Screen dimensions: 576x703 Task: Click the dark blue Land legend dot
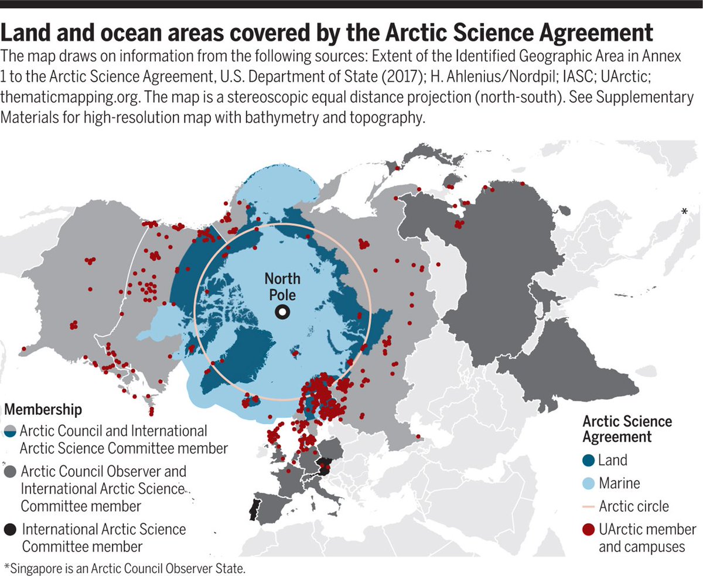click(589, 461)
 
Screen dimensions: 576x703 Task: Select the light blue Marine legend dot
click(589, 483)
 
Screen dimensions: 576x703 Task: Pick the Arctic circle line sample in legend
click(589, 506)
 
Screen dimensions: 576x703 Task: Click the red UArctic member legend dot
click(589, 530)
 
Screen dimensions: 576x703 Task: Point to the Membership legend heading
click(43, 408)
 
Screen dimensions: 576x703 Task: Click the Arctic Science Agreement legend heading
click(627, 429)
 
